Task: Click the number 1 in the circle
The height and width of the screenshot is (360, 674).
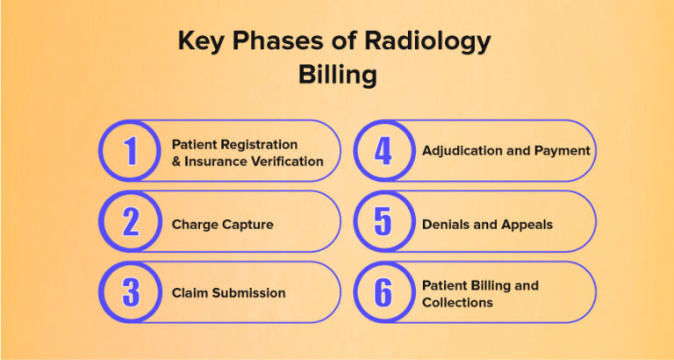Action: (130, 151)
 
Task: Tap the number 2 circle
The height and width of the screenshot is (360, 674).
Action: (130, 222)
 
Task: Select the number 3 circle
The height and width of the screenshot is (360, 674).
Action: (130, 292)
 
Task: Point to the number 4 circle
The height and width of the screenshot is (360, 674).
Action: (383, 151)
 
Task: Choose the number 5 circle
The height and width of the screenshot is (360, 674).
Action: (383, 222)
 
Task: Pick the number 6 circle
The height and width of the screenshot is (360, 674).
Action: (383, 292)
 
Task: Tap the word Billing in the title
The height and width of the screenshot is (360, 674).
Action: (337, 75)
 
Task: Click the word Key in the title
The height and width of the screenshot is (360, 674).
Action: (201, 41)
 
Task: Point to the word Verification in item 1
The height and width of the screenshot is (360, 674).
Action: (284, 161)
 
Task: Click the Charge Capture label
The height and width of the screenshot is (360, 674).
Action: (222, 224)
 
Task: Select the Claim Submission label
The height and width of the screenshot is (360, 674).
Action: (228, 293)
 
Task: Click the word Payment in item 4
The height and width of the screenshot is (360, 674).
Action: (563, 151)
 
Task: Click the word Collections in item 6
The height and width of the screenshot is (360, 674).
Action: (457, 302)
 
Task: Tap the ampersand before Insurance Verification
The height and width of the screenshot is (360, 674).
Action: (176, 161)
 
